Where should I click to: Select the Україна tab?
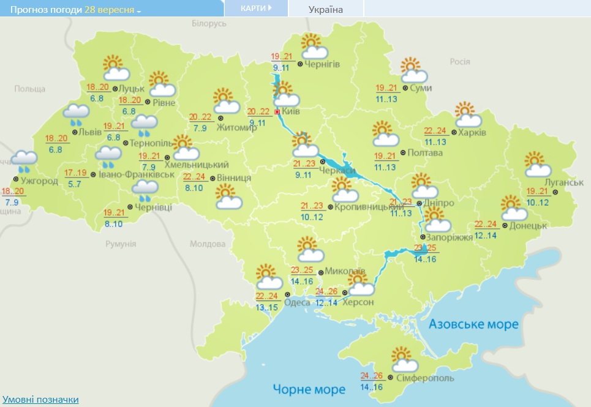pos(325,9)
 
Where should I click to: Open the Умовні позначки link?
pos(40,400)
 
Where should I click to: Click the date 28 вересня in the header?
pos(110,11)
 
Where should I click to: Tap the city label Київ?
pos(290,112)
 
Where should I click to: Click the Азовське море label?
pos(473,324)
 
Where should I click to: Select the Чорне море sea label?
pos(309,389)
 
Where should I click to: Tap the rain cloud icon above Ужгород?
pos(24,160)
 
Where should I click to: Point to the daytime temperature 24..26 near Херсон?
pos(326,291)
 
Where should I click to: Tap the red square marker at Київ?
pos(277,112)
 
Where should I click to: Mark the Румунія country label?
pos(120,244)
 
